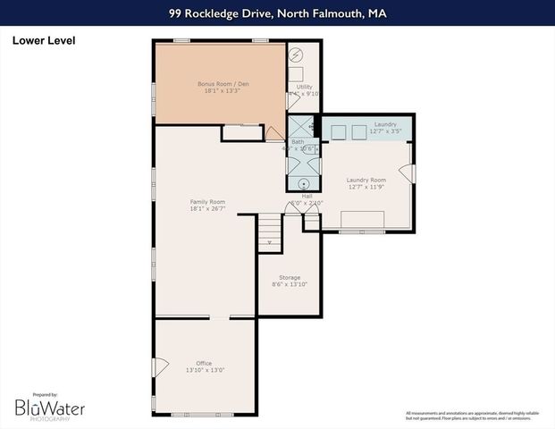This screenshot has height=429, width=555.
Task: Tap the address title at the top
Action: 277,13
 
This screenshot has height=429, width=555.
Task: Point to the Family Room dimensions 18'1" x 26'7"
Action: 206,209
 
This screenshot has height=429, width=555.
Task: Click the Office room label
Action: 204,363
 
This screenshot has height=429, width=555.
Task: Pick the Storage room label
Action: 289,278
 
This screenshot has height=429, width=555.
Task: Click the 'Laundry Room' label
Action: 366,181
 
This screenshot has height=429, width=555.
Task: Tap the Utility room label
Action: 304,87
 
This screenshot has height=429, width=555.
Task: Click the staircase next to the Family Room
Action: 269,234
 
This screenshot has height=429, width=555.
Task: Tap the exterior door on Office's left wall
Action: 160,366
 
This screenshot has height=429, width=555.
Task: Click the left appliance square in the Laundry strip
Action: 339,132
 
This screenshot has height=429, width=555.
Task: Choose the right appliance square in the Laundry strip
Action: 365,132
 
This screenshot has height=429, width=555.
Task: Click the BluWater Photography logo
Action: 49,408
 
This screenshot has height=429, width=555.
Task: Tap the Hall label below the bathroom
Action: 307,196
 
